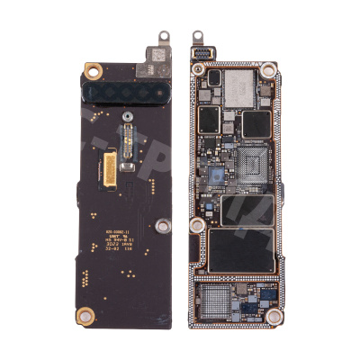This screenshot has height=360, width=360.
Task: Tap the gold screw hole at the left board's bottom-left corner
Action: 85,313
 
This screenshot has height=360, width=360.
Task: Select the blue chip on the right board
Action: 216,174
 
